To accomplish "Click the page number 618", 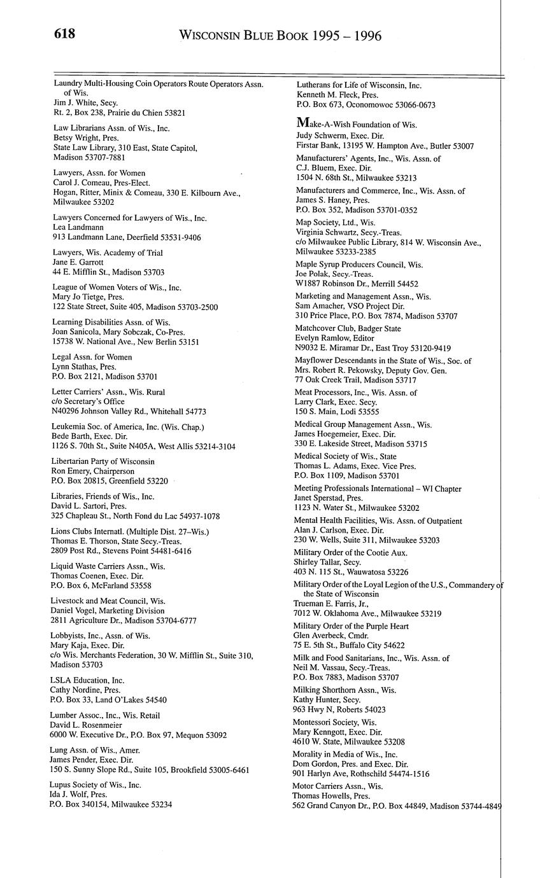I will [x=64, y=34].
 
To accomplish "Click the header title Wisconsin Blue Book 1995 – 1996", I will [x=280, y=36].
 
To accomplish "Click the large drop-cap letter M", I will [x=302, y=123].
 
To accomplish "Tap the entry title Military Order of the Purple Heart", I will [x=351, y=626].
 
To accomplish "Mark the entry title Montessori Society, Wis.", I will [x=334, y=722].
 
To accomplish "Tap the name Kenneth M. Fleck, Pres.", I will [x=337, y=95].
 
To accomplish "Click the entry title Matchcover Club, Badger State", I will [x=348, y=328].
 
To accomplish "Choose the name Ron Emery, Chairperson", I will [x=93, y=471].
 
